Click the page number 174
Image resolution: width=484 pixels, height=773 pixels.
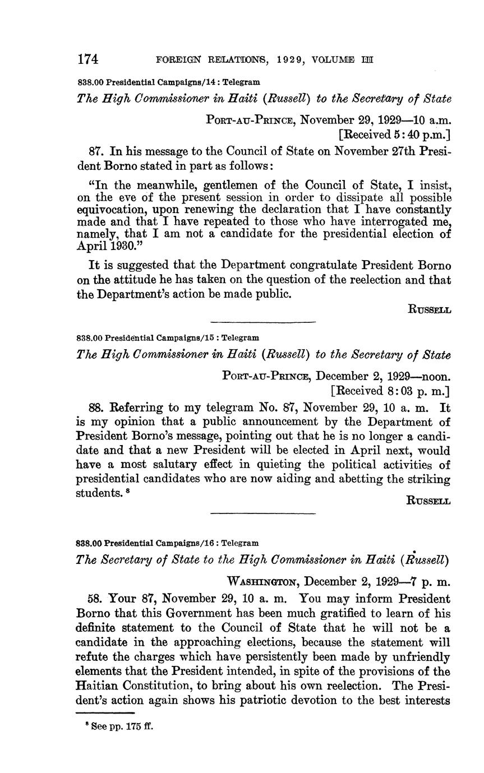[88, 59]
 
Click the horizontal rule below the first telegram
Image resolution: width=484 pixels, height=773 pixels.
[262, 321]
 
